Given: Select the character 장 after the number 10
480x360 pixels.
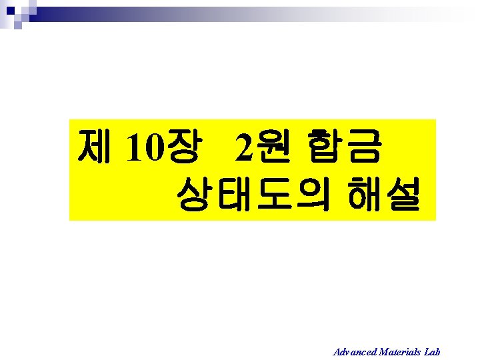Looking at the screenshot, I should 179,147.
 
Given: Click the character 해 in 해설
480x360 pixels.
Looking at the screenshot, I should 365,193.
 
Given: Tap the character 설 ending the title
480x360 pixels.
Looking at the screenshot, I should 403,193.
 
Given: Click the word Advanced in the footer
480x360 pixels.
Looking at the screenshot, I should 355,351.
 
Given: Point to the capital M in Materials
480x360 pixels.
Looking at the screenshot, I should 383,351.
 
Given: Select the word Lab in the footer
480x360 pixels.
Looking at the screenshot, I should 432,351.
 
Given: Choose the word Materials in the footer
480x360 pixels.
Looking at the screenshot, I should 399,351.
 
